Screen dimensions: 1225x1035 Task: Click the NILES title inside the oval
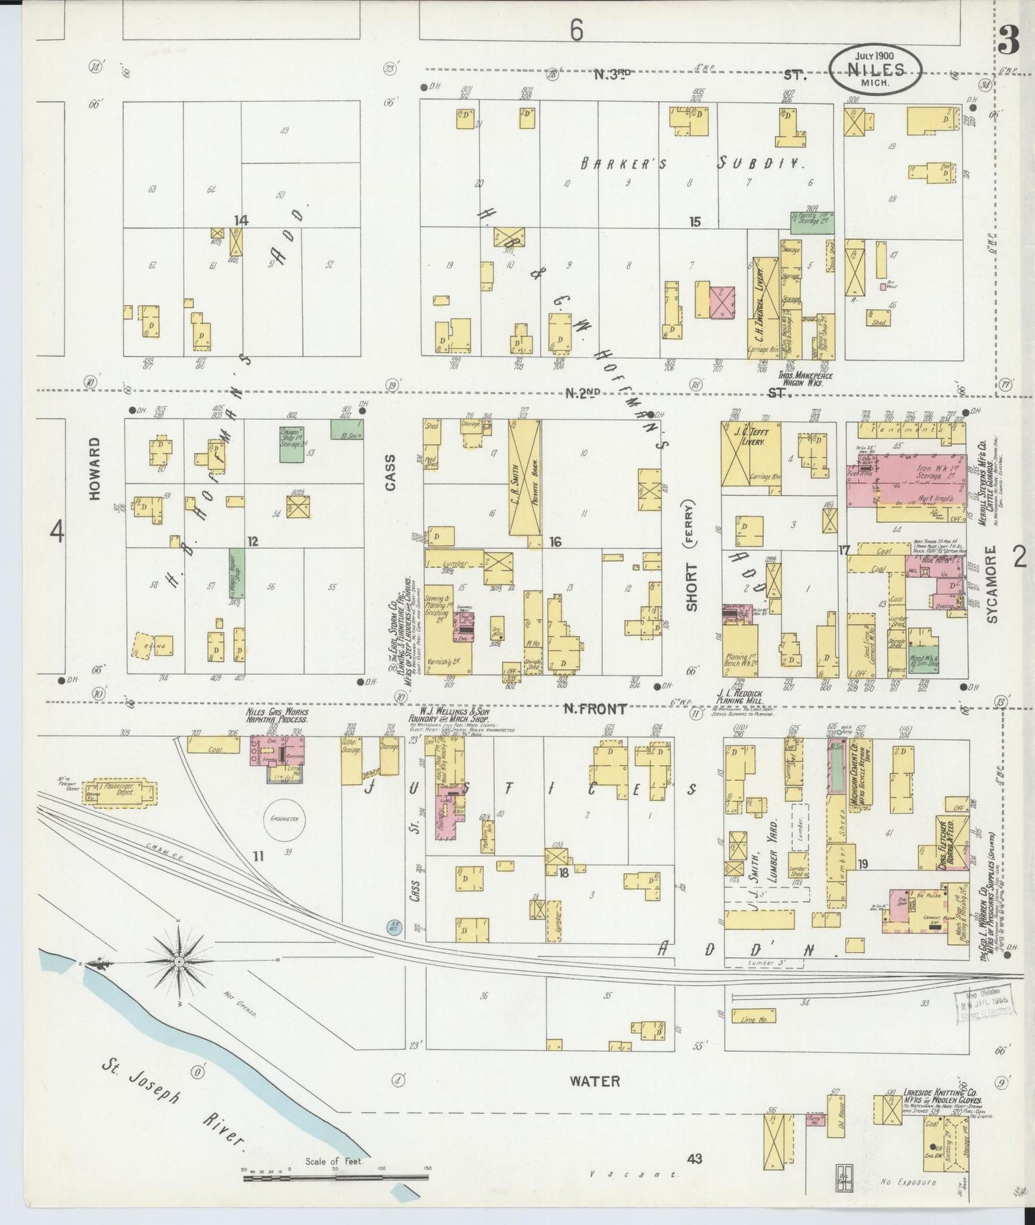(x=875, y=69)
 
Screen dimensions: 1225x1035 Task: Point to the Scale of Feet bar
(x=335, y=1177)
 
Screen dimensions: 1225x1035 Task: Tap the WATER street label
(x=594, y=1081)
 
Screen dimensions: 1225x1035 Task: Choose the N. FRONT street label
(x=595, y=709)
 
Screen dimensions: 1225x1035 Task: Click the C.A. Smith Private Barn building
(x=524, y=477)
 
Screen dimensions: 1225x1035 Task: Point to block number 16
(x=555, y=542)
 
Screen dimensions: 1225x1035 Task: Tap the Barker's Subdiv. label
(x=688, y=163)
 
